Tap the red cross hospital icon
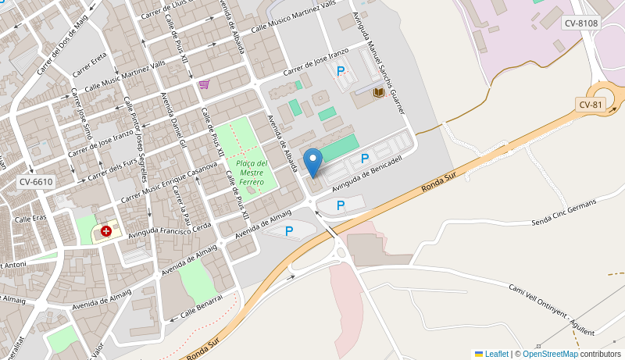[x=105, y=231]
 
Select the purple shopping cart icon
[x=204, y=84]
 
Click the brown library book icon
[x=378, y=93]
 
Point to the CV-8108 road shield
[x=581, y=23]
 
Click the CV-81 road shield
[x=591, y=105]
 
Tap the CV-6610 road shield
[x=36, y=182]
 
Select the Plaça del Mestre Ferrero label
[x=252, y=173]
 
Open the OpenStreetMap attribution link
[x=550, y=354]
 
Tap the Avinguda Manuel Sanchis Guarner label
[x=380, y=62]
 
